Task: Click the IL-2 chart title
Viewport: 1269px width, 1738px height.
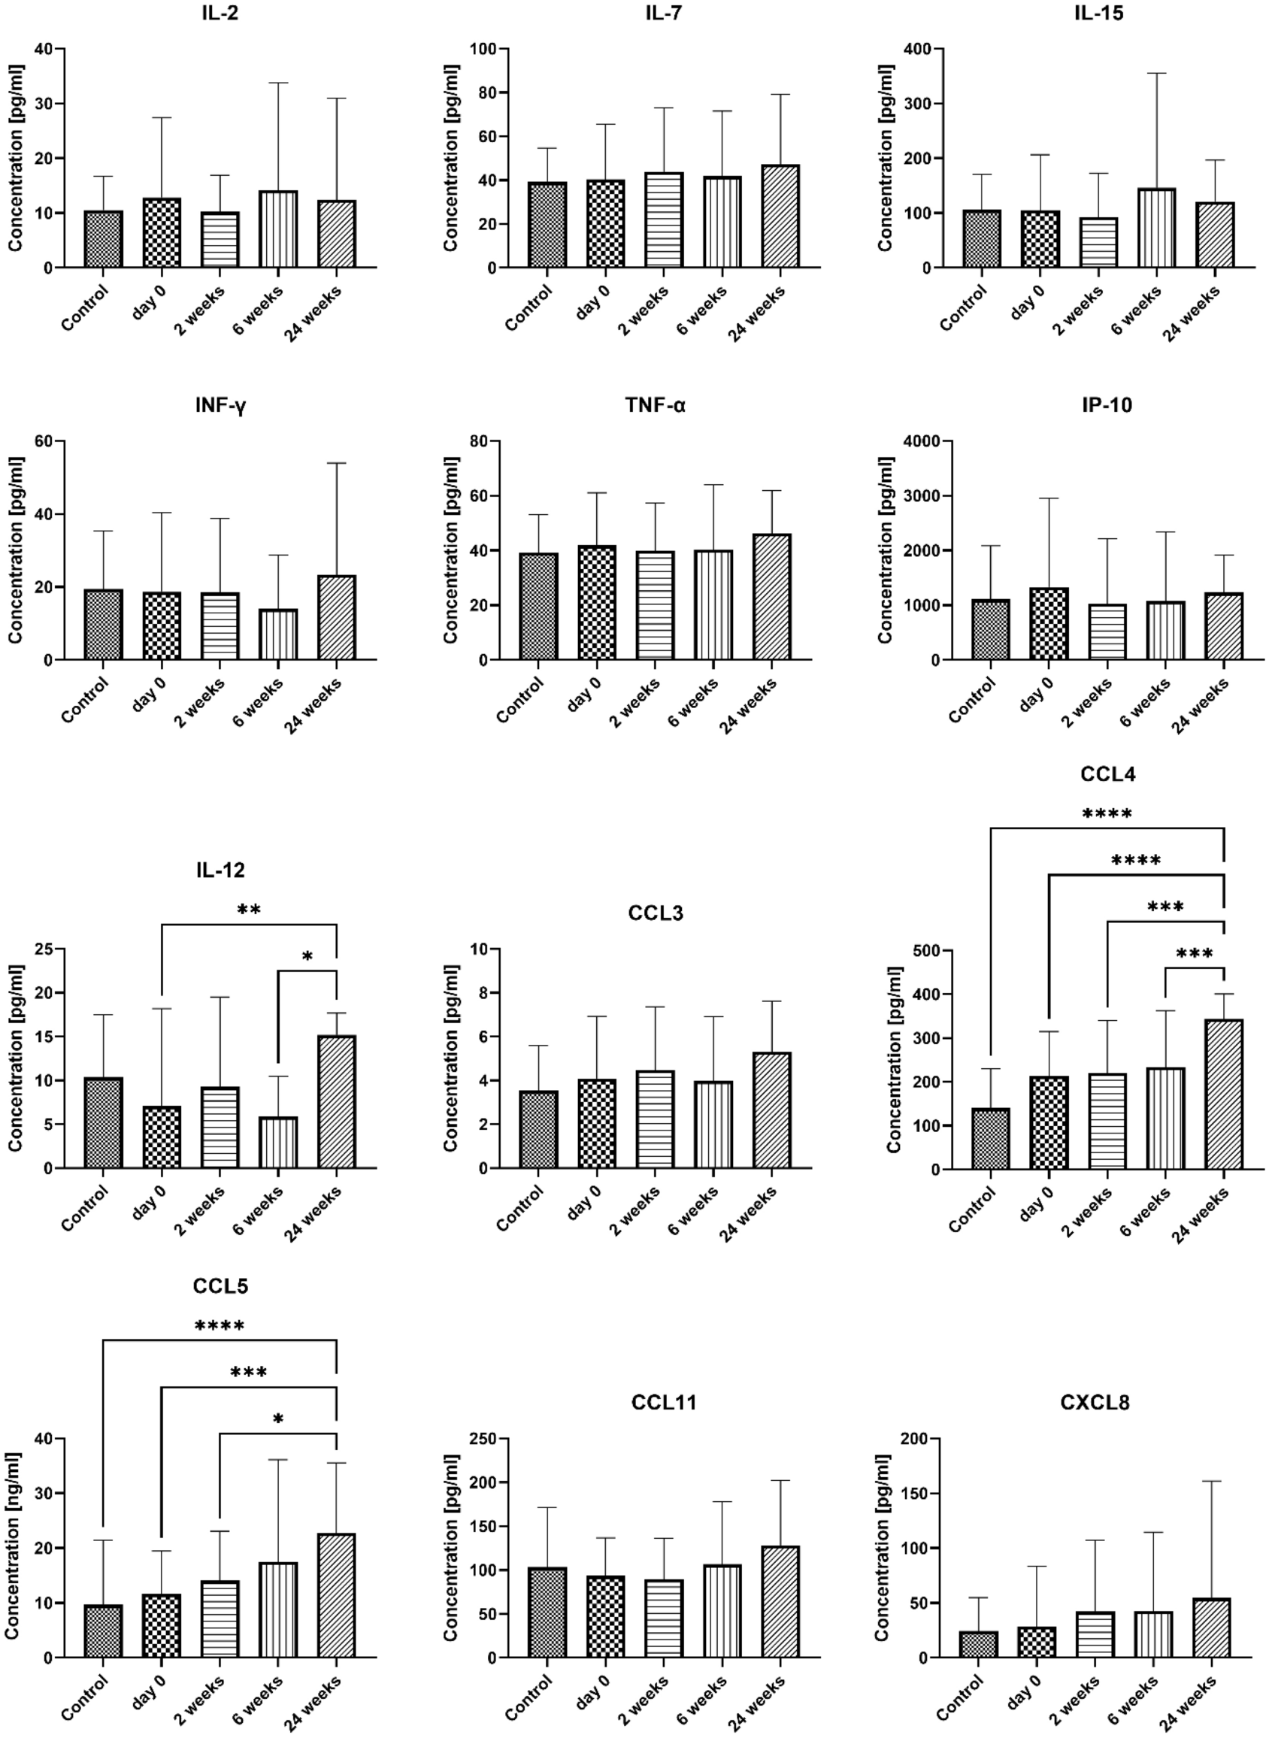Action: pos(220,13)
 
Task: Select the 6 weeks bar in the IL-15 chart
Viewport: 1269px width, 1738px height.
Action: pos(1156,228)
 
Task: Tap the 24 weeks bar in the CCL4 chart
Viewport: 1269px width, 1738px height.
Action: pos(1224,1095)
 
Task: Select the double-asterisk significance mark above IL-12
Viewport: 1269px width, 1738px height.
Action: pos(249,911)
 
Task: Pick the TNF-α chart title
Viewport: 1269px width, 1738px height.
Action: pos(656,405)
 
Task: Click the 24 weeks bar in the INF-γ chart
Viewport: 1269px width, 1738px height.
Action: pos(337,617)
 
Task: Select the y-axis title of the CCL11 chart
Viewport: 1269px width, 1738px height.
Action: pos(451,1547)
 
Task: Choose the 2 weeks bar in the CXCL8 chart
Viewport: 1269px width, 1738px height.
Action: pos(1095,1634)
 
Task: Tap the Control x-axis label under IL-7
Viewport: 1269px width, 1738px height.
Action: pos(528,308)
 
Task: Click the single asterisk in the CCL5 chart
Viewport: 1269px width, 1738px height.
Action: pos(278,1419)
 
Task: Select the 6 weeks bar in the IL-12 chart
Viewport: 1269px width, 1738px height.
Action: pos(278,1143)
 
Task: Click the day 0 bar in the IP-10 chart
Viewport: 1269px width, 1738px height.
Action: pos(1049,624)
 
